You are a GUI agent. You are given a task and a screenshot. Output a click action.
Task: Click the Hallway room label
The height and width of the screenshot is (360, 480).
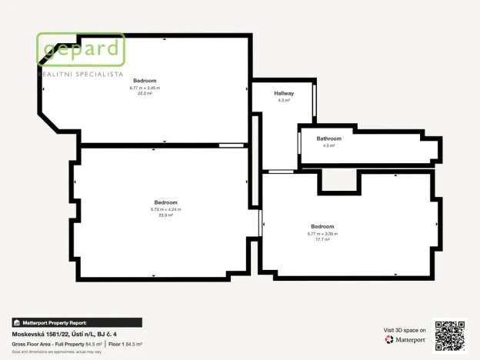click(x=284, y=93)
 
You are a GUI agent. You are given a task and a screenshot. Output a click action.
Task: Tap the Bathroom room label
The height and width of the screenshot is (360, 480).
click(x=328, y=138)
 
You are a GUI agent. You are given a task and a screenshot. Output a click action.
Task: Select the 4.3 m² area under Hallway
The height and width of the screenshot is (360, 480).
click(x=284, y=100)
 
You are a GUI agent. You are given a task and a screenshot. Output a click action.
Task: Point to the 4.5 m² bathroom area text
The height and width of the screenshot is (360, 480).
click(x=328, y=145)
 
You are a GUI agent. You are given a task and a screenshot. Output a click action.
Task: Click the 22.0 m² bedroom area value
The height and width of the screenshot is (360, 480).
click(x=145, y=93)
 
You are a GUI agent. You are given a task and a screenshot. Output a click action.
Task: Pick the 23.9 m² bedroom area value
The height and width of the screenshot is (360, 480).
click(x=165, y=215)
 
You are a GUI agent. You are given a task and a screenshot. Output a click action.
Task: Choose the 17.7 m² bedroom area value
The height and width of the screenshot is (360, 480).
click(x=322, y=239)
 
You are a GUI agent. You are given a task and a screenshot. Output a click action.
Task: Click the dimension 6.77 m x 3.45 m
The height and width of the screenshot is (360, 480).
click(x=145, y=88)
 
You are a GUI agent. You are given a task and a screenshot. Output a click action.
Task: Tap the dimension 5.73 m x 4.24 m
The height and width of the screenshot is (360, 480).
click(x=165, y=209)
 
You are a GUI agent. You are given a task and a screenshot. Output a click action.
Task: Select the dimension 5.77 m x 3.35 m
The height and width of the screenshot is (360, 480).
click(x=322, y=233)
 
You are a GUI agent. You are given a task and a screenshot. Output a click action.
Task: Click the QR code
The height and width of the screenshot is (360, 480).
click(x=449, y=335)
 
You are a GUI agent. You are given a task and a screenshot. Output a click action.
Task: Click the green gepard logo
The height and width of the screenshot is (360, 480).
click(x=81, y=50)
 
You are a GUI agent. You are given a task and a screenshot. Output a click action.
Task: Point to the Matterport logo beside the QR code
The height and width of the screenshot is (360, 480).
click(x=405, y=339)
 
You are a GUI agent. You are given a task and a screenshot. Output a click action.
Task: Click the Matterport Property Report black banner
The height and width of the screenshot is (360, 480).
click(x=77, y=323)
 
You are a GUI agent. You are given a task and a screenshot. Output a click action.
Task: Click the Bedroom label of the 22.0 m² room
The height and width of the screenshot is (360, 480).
click(x=145, y=81)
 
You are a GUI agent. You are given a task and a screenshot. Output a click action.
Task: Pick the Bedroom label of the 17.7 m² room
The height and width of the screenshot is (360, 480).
click(x=322, y=226)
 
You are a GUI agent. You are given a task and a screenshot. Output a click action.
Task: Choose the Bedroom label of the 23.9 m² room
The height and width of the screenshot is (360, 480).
click(x=165, y=202)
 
